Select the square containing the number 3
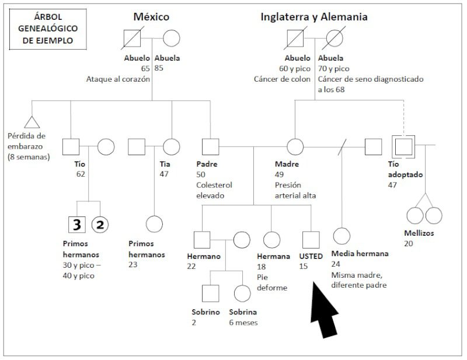[77, 225]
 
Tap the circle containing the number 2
[100, 225]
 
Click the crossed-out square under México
[133, 38]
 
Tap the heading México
[151, 17]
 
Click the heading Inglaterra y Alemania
[314, 17]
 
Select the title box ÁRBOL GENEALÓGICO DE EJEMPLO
[48, 29]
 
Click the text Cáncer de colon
[282, 79]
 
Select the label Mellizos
[419, 233]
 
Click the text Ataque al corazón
[118, 79]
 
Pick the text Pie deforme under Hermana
[272, 282]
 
